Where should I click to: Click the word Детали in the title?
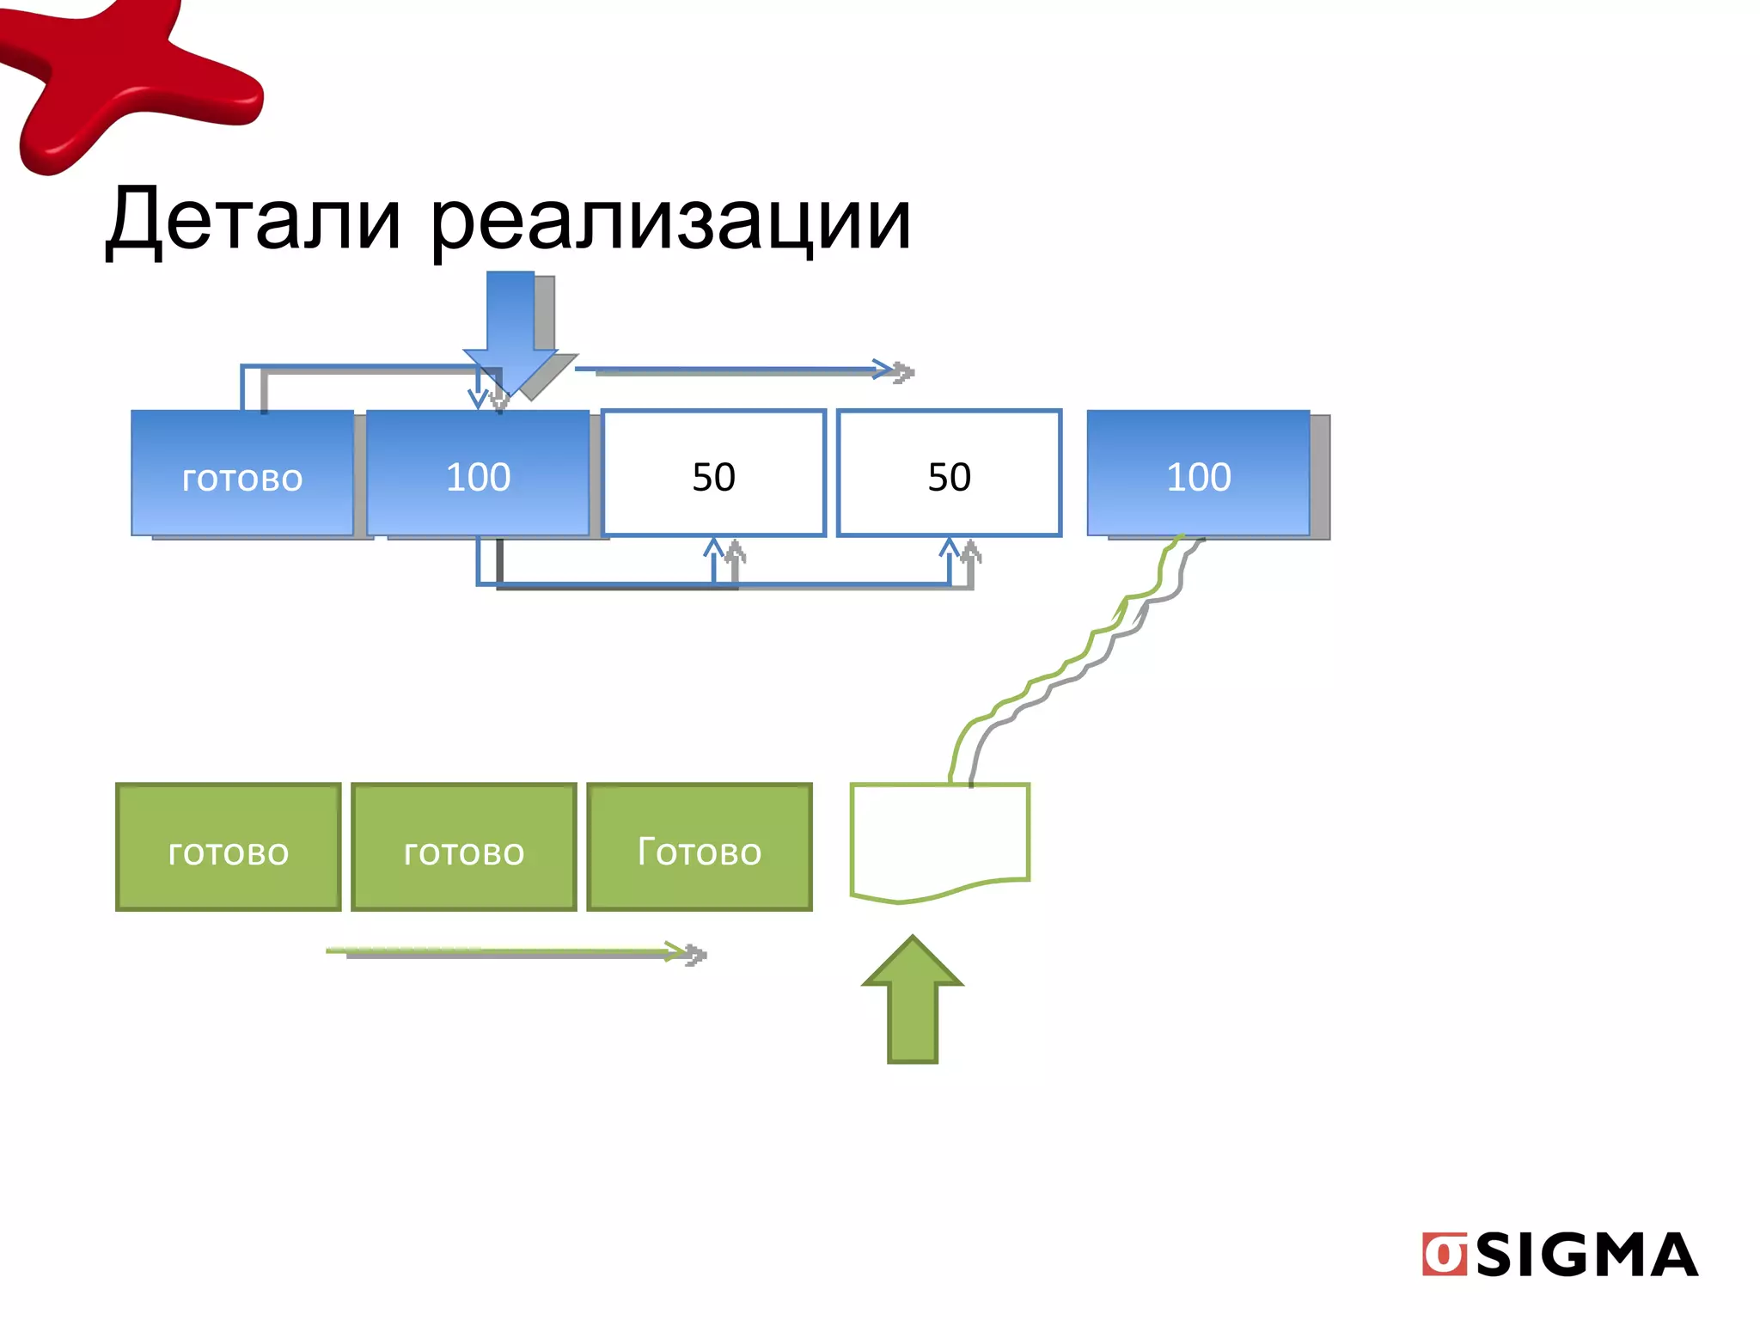(254, 221)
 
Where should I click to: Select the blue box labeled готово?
(242, 474)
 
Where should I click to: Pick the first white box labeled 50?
(713, 474)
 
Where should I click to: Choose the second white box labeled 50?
(949, 474)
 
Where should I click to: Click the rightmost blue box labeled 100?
(1198, 474)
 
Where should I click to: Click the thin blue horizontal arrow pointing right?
(730, 370)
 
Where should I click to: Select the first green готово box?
(228, 847)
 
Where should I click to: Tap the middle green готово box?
(463, 847)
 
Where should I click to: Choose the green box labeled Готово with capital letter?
(699, 847)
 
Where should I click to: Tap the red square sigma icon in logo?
(1444, 1256)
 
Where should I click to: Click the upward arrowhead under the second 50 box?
(949, 548)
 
